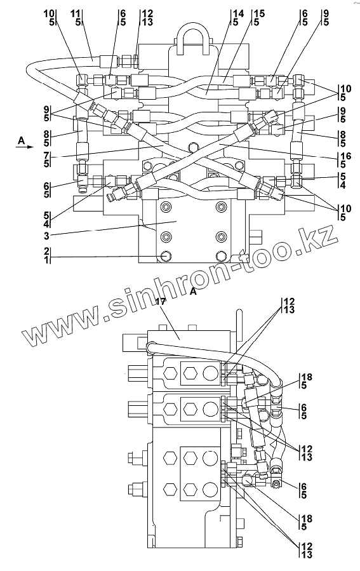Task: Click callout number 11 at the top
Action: click(76, 14)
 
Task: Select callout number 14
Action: click(238, 14)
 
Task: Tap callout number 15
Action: click(260, 14)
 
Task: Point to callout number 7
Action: click(46, 155)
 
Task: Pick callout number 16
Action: click(346, 157)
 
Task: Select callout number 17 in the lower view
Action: click(161, 301)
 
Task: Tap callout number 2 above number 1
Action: click(46, 252)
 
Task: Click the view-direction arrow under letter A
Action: click(24, 147)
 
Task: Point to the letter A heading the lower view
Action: click(193, 292)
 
